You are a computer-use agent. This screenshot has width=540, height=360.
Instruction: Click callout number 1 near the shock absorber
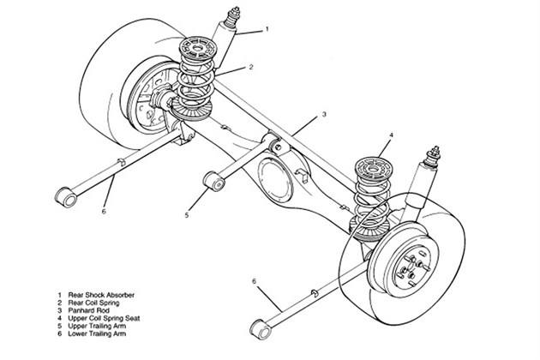coord(267,29)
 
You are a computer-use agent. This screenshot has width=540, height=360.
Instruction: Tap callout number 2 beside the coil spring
coord(251,67)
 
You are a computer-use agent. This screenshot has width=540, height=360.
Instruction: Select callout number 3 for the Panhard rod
coord(324,115)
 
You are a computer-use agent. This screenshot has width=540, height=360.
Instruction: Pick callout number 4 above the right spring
coord(391,135)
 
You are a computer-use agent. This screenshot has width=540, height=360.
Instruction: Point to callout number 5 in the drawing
coord(187,215)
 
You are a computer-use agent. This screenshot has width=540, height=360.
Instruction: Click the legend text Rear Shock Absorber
coord(101,295)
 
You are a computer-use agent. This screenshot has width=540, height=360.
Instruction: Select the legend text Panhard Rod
coord(88,310)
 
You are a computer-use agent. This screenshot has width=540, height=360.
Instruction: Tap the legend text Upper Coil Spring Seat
coord(104,318)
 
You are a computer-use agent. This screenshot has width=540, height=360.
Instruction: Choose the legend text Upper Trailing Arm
coord(97,326)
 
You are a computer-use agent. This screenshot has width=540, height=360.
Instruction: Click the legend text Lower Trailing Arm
coord(97,333)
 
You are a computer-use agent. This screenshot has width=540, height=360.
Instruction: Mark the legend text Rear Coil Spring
coord(93,303)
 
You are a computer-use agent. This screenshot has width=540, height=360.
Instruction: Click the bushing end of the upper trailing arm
coord(214,181)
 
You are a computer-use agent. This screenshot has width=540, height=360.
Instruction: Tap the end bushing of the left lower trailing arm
coord(66,197)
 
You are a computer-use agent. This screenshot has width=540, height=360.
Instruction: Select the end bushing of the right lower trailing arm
coord(261,330)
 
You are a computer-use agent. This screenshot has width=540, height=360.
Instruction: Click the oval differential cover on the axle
coord(275,179)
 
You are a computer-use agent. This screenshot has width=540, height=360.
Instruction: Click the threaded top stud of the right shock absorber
coord(432,157)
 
